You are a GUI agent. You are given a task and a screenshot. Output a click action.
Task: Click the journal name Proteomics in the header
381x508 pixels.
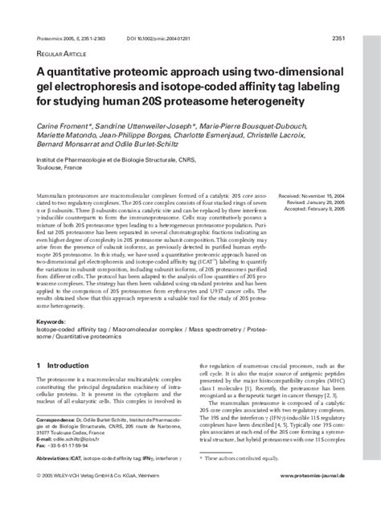pyautogui.click(x=54, y=37)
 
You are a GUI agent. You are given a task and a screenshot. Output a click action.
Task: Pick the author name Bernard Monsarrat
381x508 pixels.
pyautogui.click(x=72, y=148)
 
